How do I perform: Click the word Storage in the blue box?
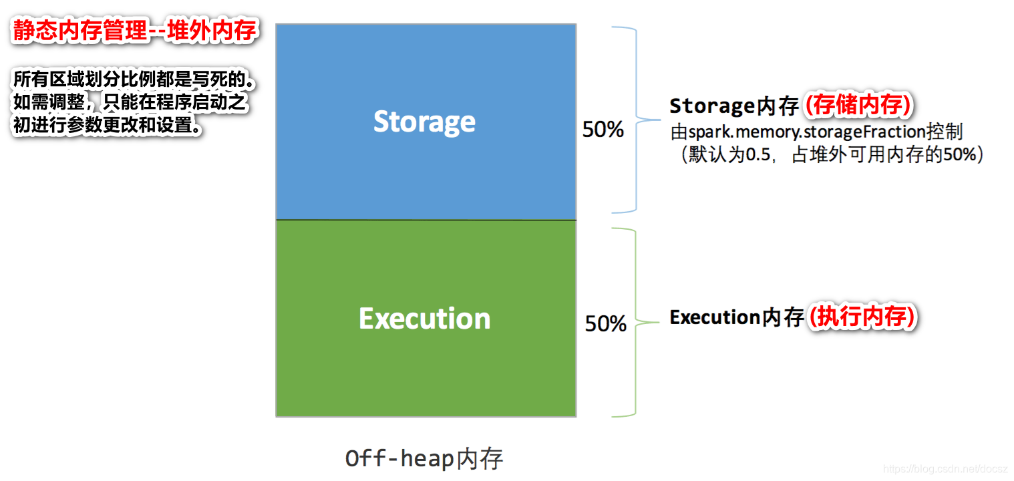424,122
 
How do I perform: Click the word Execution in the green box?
424,318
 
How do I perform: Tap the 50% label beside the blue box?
603,130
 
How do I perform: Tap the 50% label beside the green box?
605,324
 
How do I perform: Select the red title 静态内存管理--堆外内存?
134,32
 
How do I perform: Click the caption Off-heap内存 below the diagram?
424,459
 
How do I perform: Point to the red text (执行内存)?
862,317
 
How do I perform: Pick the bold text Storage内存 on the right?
734,106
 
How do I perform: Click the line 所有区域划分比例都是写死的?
134,81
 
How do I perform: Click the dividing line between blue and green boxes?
426,220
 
